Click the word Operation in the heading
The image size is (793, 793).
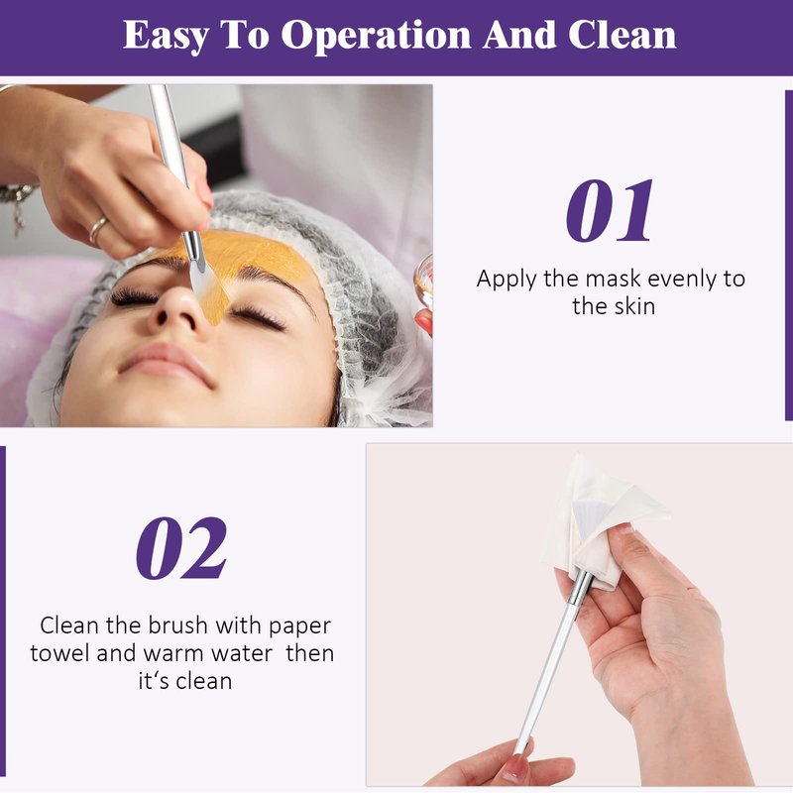pos(376,36)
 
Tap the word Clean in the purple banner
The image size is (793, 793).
pos(623,35)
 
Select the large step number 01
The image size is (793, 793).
pos(610,210)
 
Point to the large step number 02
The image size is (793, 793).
pos(181,548)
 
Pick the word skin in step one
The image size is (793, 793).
pos(634,306)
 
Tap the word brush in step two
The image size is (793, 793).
pos(177,625)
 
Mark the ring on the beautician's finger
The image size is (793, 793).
pos(98,229)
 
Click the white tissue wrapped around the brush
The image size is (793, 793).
pos(602,521)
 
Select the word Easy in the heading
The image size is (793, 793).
pos(166,36)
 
